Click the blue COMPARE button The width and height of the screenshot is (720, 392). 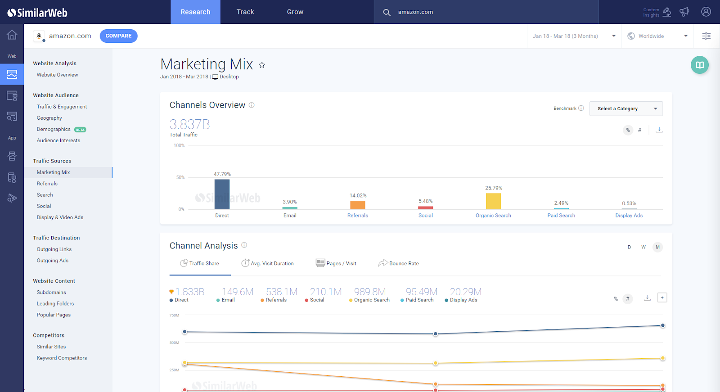tap(118, 36)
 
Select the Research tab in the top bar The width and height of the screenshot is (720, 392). tap(195, 12)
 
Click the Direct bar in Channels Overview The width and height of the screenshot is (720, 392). tap(222, 194)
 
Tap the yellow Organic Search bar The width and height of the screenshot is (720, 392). tap(493, 201)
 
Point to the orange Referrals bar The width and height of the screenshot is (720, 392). tap(358, 205)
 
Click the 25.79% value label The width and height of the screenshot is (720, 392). tap(494, 188)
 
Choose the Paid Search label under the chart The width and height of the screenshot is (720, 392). tap(561, 216)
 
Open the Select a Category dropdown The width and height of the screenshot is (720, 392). tap(626, 108)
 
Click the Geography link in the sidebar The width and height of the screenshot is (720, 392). tap(49, 118)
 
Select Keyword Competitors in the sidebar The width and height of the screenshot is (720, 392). tap(62, 358)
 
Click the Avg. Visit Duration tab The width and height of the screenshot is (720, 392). tap(268, 263)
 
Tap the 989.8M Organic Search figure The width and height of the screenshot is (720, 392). tap(370, 292)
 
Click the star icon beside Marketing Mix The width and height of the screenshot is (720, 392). tap(262, 65)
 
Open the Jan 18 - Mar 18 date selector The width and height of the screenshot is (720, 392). tap(574, 36)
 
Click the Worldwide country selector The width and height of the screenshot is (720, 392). tap(657, 36)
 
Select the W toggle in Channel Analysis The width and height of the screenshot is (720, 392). tap(643, 247)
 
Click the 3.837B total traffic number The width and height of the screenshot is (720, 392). tap(189, 124)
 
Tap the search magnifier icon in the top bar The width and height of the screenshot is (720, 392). tap(387, 13)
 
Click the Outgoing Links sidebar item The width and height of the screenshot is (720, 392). tap(54, 249)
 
